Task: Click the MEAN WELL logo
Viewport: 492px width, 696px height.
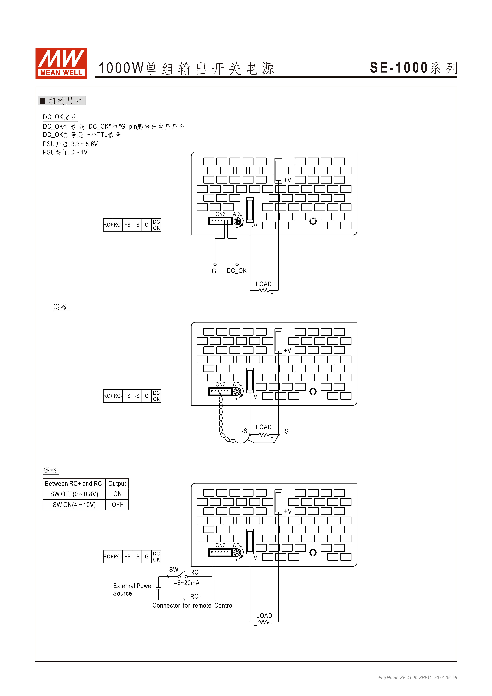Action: [x=61, y=63]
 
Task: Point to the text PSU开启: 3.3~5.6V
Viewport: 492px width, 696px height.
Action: [x=70, y=144]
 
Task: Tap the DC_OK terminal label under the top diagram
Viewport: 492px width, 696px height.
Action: [x=237, y=271]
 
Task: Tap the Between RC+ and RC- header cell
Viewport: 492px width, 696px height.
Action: [x=74, y=484]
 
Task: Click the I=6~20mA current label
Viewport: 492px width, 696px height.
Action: [x=186, y=583]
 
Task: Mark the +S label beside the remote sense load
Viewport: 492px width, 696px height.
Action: [x=285, y=431]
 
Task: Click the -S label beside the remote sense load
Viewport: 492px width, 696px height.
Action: [x=244, y=431]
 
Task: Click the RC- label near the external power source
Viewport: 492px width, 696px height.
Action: [x=195, y=596]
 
